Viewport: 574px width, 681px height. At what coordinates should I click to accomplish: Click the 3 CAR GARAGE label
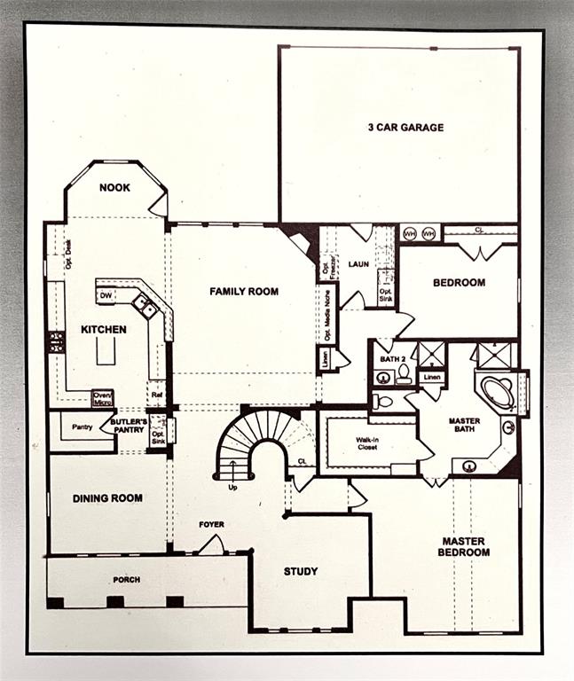coord(405,127)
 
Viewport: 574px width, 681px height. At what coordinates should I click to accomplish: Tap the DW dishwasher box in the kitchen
coord(106,295)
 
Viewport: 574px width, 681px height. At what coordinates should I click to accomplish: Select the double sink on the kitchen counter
coord(145,307)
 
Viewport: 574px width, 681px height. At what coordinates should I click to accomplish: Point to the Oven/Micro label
coord(103,399)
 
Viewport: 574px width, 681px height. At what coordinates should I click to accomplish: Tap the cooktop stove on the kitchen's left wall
coord(57,342)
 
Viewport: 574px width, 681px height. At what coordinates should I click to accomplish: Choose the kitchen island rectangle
coord(106,351)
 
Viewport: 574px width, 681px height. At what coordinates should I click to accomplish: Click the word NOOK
coord(114,187)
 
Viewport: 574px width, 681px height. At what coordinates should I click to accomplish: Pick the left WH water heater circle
coord(410,233)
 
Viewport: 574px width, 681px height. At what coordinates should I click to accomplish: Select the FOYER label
coord(211,524)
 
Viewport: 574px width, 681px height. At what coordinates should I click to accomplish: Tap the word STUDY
coord(301,571)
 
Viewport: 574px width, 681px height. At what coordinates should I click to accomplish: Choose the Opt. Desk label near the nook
coord(67,256)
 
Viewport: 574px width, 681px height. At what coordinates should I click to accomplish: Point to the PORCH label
coord(126,580)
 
